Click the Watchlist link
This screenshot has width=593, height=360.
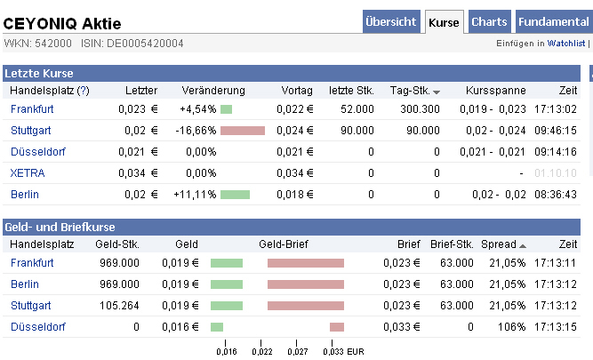[x=566, y=43]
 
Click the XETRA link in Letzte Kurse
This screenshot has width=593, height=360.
[x=28, y=172]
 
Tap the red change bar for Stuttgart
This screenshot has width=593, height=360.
[x=242, y=131]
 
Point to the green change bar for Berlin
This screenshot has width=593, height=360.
[x=235, y=194]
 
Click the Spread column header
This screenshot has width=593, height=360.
[x=498, y=244]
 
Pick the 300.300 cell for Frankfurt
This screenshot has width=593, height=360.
[x=420, y=109]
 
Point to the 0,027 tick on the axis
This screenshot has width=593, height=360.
[x=298, y=351]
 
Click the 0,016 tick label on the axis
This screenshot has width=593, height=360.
[x=227, y=351]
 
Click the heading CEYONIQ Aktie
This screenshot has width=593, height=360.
[x=62, y=23]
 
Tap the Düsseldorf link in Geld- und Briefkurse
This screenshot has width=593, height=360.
[x=37, y=326]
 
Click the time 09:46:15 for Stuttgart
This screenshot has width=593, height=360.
[x=557, y=131]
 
